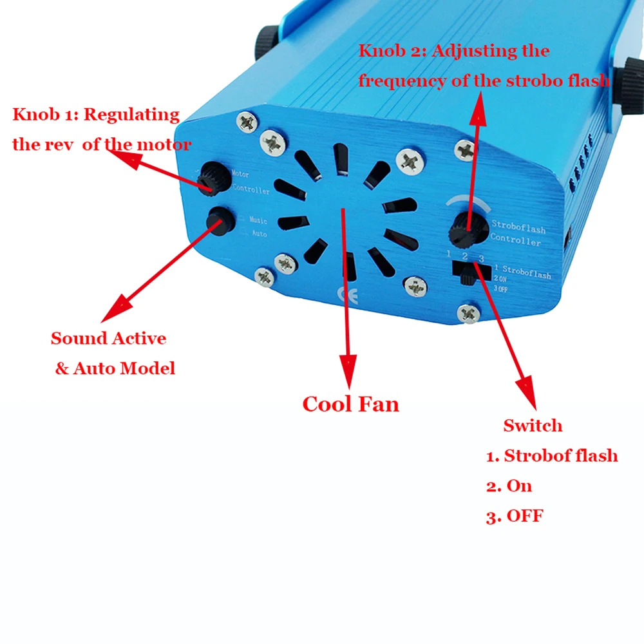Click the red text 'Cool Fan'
tap(351, 404)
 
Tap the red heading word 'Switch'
tap(533, 426)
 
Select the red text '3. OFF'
tap(515, 516)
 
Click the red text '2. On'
tap(509, 486)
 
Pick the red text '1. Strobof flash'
tap(552, 456)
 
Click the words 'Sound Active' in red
tap(108, 339)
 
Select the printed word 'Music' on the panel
tap(258, 222)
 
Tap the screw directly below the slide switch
tap(468, 313)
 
